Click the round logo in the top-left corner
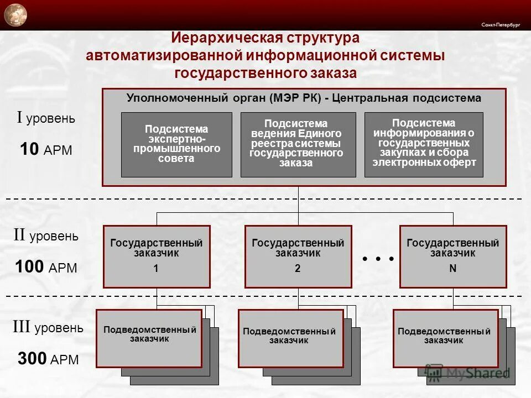click(x=15, y=14)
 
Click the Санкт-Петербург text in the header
click(x=501, y=25)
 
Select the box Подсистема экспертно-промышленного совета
click(x=176, y=144)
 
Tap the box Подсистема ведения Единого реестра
click(x=298, y=144)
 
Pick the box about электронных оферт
click(x=423, y=144)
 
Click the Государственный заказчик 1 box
click(x=157, y=256)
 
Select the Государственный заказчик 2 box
click(x=298, y=256)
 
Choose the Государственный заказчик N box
click(x=453, y=256)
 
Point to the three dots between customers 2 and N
click(x=378, y=259)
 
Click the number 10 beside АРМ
click(x=29, y=149)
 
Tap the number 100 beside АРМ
click(x=29, y=267)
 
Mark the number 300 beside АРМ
click(x=32, y=359)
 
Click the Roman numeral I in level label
click(x=20, y=118)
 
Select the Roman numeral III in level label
click(x=22, y=327)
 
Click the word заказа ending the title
click(x=331, y=73)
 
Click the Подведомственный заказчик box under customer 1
click(x=149, y=338)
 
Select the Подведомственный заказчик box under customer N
click(x=446, y=338)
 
